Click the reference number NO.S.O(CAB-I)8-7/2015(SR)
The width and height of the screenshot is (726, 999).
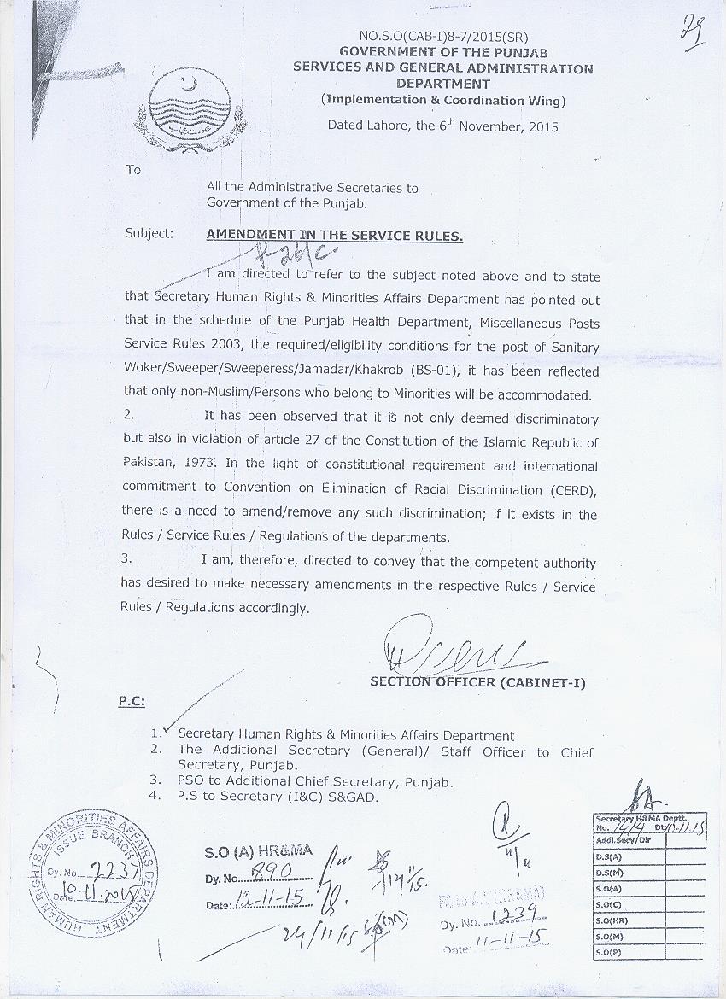pos(442,37)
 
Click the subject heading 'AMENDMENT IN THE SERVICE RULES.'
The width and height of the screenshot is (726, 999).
pos(335,235)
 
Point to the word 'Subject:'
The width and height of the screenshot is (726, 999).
pos(149,233)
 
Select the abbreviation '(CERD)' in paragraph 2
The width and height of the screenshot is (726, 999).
pos(570,490)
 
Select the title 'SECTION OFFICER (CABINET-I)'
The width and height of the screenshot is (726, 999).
pos(477,683)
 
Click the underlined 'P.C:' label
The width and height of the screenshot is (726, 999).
pos(131,701)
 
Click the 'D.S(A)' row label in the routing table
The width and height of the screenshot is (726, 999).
pos(609,856)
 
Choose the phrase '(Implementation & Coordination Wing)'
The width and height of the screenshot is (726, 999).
pos(442,100)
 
